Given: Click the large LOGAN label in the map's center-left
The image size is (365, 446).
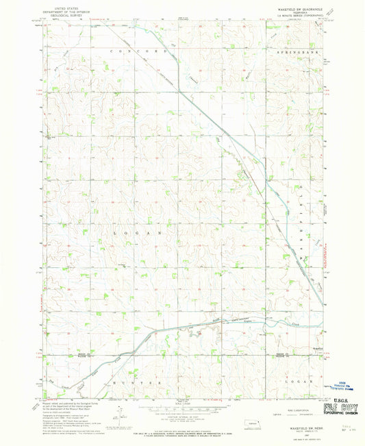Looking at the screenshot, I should (x=137, y=233).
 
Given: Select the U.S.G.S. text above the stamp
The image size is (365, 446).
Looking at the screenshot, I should (x=340, y=397).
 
